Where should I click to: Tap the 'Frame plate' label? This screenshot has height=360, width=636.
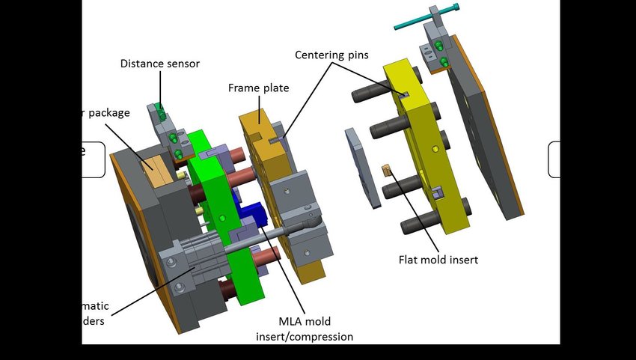tap(258, 88)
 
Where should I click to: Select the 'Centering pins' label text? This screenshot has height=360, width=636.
tap(331, 55)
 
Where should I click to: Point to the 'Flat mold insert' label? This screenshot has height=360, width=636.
tap(438, 260)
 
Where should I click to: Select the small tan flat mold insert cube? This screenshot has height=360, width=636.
tap(388, 171)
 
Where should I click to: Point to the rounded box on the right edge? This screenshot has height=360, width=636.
tap(554, 159)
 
